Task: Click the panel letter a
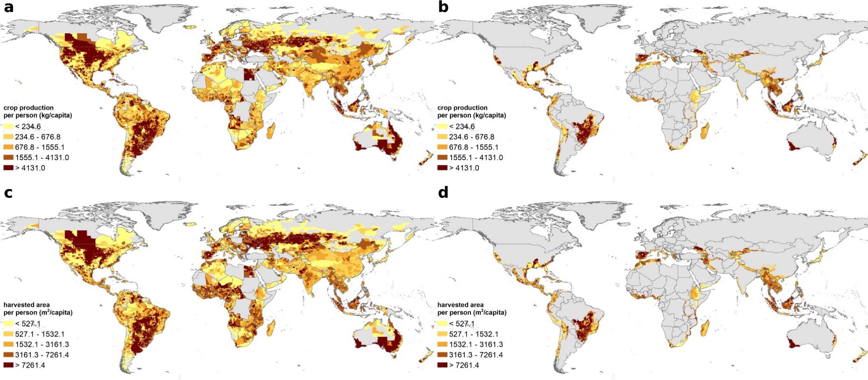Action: coord(8,7)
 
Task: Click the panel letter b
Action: coord(443,7)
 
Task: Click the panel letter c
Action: coord(8,192)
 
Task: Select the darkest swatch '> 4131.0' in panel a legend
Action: coord(8,168)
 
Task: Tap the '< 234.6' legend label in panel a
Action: coord(28,126)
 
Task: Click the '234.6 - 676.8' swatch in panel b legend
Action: coord(442,137)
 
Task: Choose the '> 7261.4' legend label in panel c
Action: coord(30,365)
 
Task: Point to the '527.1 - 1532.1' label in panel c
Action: coord(40,334)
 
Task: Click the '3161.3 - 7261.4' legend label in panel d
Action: coord(475,355)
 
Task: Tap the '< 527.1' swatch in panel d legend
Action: coord(442,324)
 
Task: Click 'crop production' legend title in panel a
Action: coord(28,108)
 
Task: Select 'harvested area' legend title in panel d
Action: coord(460,305)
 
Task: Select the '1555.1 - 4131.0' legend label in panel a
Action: coord(42,158)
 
